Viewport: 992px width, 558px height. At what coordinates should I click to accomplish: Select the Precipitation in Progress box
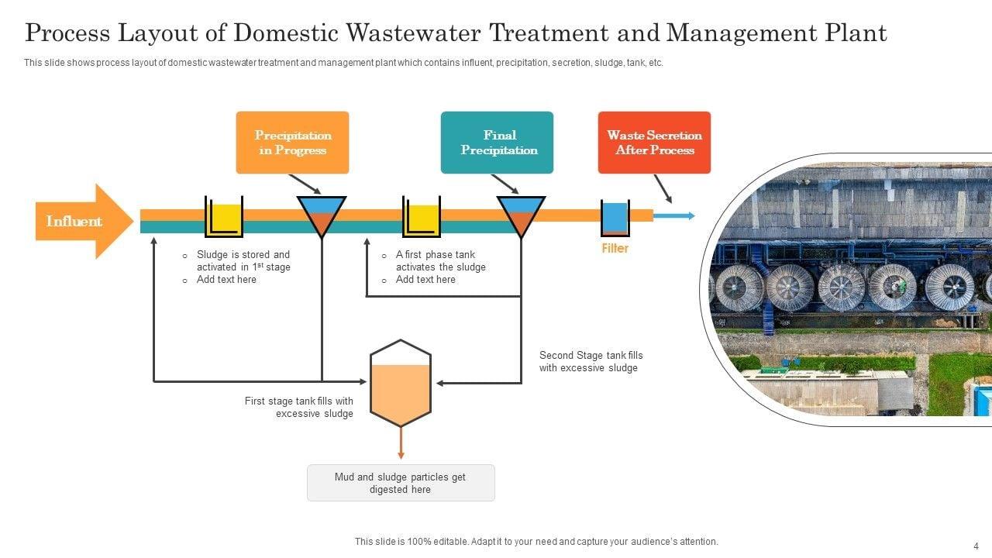(x=292, y=143)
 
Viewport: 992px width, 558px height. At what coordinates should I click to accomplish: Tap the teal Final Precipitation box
(x=497, y=143)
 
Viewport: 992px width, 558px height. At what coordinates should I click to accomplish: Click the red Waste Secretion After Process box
(x=654, y=143)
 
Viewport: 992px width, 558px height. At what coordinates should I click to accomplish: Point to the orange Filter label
(x=615, y=248)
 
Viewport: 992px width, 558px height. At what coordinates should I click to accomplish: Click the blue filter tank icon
(x=615, y=218)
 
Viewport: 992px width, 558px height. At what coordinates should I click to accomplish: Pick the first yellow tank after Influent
(x=224, y=218)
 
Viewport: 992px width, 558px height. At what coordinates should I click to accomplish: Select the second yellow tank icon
(x=422, y=218)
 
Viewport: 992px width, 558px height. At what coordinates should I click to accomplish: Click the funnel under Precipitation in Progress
(x=322, y=215)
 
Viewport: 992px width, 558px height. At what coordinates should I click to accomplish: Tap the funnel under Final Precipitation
(x=521, y=215)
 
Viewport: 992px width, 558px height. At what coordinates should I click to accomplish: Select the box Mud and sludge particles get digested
(x=401, y=483)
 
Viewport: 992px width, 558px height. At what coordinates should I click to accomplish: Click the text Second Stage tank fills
(x=591, y=356)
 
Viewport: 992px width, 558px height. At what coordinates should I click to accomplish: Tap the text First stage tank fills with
(x=299, y=401)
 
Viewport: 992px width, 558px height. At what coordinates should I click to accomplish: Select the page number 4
(x=976, y=546)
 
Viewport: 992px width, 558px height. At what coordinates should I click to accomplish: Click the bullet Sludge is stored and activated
(x=243, y=260)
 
